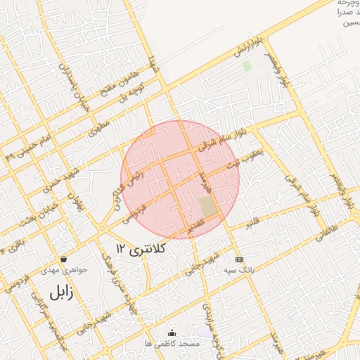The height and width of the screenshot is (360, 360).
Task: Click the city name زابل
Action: point(60,293)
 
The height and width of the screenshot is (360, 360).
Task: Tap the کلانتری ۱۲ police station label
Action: point(141,249)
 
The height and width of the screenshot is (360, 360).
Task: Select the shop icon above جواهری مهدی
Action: point(64,259)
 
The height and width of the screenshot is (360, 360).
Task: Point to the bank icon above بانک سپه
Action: point(239,259)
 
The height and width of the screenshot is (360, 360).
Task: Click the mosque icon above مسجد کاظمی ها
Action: point(172,333)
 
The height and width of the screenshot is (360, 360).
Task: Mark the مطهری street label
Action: point(100,129)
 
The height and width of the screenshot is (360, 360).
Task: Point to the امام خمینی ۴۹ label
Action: point(27,147)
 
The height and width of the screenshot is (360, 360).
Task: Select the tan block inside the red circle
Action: point(208,207)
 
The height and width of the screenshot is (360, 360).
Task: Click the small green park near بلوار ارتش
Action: point(247,66)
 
